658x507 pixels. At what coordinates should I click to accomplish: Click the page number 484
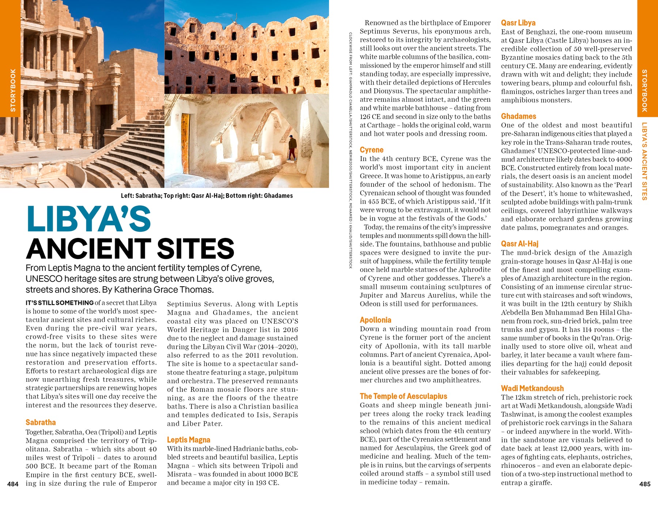(13, 484)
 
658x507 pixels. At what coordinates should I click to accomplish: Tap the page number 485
(645, 484)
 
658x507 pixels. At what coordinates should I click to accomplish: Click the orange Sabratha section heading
(41, 422)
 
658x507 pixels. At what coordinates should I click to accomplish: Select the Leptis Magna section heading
(188, 440)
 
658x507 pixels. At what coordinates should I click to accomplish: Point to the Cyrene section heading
(371, 150)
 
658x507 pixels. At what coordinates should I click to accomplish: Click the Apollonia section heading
(375, 320)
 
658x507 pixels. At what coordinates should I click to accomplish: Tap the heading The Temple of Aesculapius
(403, 396)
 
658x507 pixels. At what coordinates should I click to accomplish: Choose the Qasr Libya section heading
(518, 23)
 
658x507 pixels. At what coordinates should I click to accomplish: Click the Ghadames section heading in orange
(518, 116)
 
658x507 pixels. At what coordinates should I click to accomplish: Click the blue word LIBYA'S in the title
(89, 219)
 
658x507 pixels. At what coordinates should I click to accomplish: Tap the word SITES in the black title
(196, 249)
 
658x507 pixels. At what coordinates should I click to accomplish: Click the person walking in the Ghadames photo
(292, 148)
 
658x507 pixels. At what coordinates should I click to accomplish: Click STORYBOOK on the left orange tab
(13, 90)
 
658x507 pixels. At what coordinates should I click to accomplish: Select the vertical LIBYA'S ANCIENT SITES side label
(644, 161)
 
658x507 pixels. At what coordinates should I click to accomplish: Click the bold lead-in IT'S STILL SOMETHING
(60, 303)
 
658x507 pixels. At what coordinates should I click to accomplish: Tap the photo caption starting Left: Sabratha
(207, 195)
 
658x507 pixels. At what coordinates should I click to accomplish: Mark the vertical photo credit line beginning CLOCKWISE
(350, 150)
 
